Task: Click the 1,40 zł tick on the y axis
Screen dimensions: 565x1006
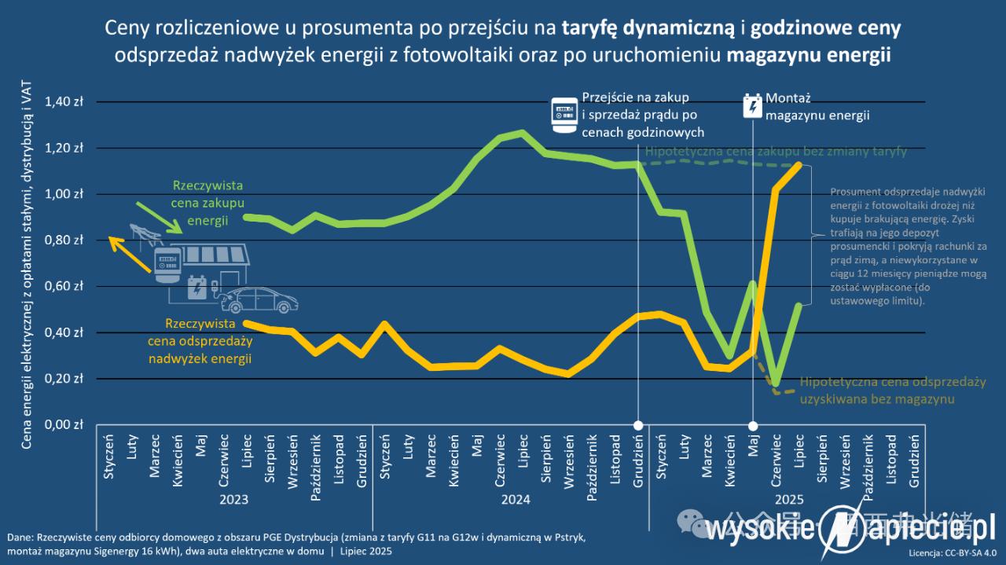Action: [x=67, y=102]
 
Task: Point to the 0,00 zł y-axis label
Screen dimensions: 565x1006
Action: [x=67, y=425]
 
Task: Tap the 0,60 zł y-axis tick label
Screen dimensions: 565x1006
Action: [x=67, y=287]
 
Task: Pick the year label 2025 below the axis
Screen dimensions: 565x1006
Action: [x=789, y=499]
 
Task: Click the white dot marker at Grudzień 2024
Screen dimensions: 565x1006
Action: [x=638, y=426]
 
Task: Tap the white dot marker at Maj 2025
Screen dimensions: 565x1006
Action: [x=753, y=426]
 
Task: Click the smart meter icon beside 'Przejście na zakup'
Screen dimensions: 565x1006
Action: [x=563, y=115]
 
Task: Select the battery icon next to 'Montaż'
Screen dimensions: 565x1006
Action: [x=752, y=107]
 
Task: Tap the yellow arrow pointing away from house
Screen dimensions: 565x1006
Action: [x=130, y=254]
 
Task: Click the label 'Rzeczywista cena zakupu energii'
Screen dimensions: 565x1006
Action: [x=207, y=204]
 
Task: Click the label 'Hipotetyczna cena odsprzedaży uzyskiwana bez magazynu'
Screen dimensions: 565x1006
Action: [x=893, y=391]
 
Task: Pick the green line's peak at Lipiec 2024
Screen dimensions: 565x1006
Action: [x=523, y=133]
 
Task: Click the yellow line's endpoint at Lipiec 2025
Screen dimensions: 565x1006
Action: [x=799, y=165]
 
